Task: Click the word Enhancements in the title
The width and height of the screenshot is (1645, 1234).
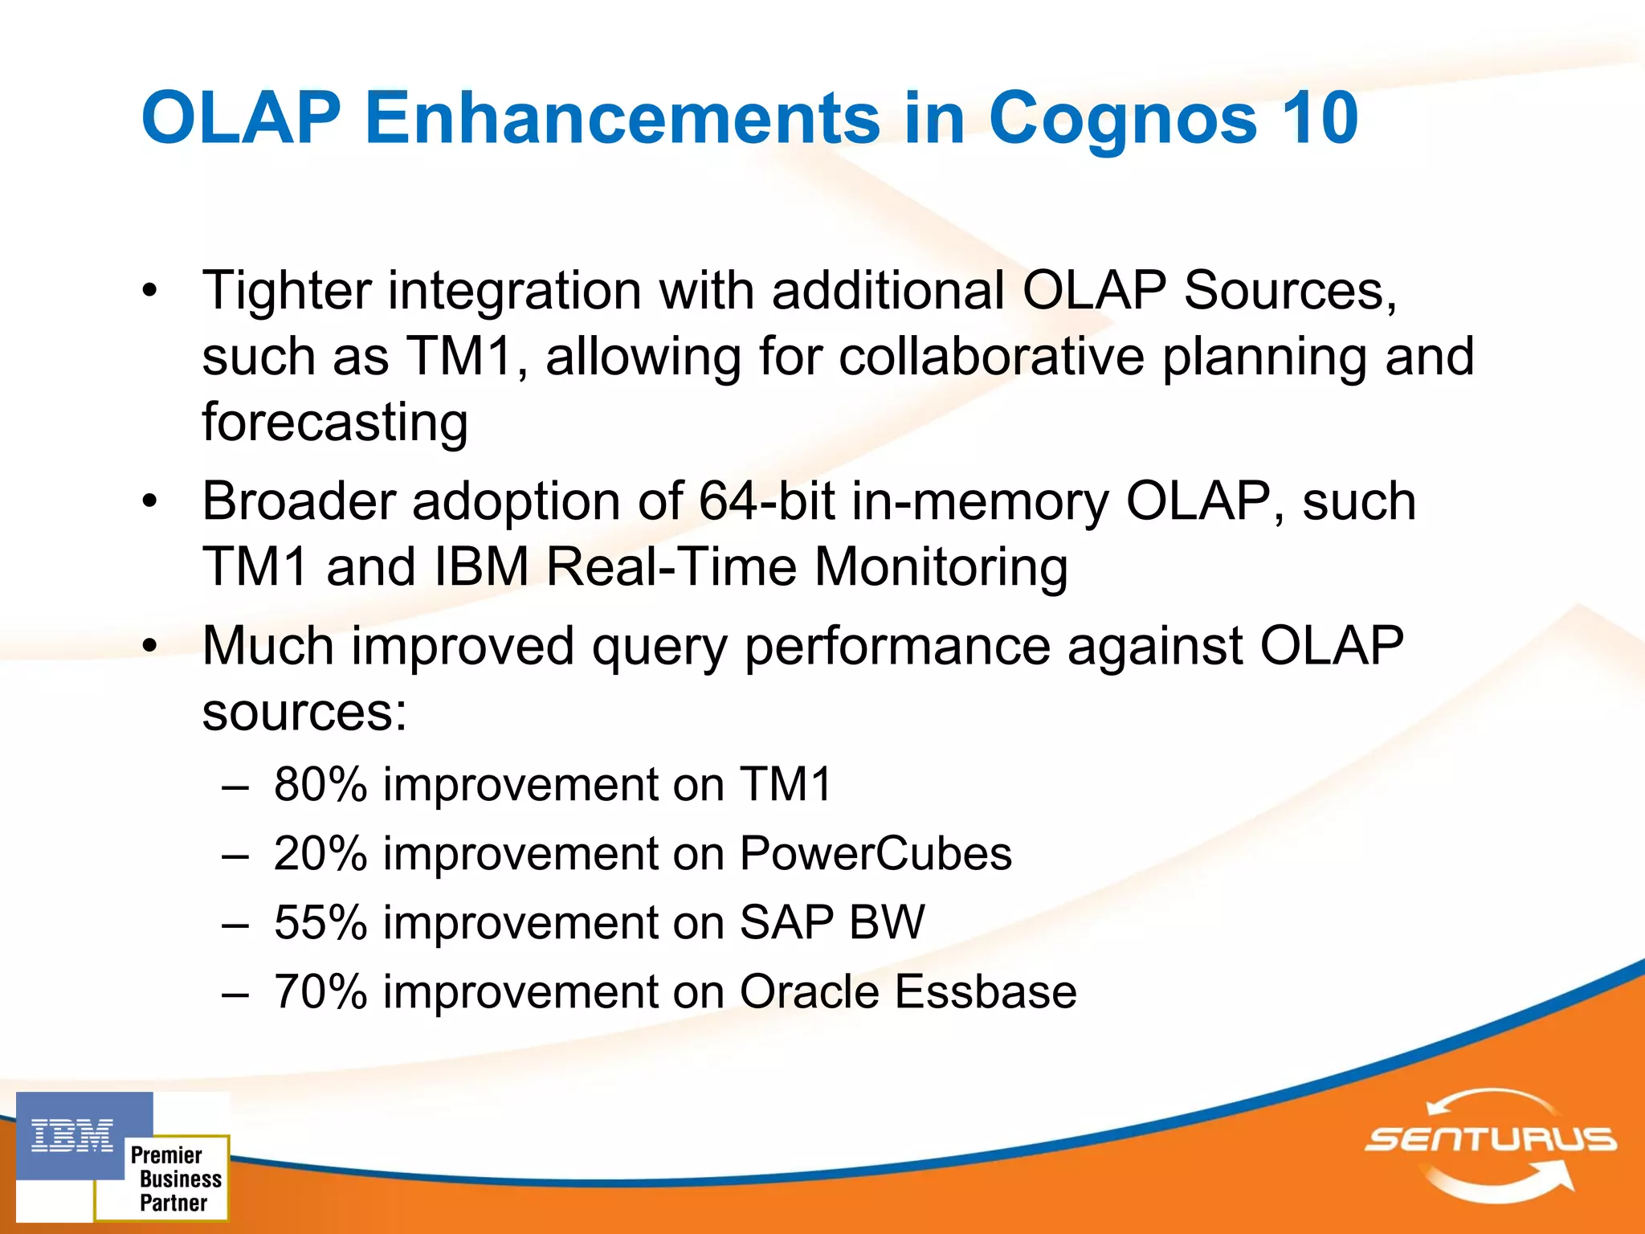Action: point(622,118)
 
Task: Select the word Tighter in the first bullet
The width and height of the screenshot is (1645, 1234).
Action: point(286,291)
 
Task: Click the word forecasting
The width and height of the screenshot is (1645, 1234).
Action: point(335,423)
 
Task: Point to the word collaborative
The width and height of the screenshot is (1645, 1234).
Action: point(991,357)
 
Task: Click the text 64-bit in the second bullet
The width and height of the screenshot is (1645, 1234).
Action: point(766,502)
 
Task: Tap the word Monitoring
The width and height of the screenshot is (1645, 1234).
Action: point(941,568)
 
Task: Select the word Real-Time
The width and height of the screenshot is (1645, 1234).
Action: point(671,568)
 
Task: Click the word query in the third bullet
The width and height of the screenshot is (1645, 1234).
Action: point(659,648)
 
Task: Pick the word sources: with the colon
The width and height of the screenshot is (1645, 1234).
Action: point(304,713)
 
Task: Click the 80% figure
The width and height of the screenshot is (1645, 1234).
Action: point(320,785)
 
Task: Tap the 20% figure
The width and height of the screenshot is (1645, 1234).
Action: point(320,854)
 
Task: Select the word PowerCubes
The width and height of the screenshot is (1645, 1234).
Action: point(875,854)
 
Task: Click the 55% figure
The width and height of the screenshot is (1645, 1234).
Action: point(320,923)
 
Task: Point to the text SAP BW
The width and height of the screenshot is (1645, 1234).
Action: point(831,923)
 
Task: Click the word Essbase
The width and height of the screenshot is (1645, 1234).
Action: point(986,992)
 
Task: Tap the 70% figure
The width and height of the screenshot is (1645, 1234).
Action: point(320,992)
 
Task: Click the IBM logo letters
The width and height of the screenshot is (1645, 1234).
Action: point(72,1136)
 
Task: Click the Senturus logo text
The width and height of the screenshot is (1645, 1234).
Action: point(1491,1139)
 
